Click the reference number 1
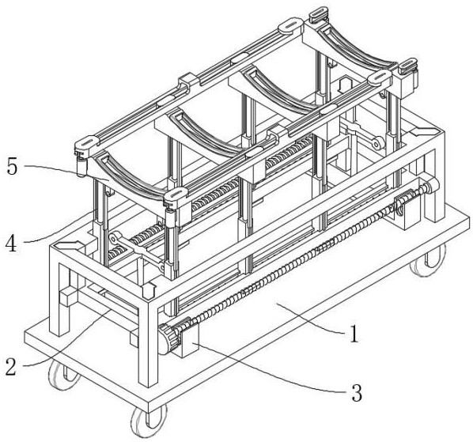354,334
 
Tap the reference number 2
11,367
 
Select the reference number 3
357,393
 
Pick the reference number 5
12,166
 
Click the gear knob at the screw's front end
169,339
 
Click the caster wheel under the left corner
63,375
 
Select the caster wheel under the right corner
429,260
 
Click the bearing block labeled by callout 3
189,341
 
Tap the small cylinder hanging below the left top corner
81,166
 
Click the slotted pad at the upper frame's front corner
176,195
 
